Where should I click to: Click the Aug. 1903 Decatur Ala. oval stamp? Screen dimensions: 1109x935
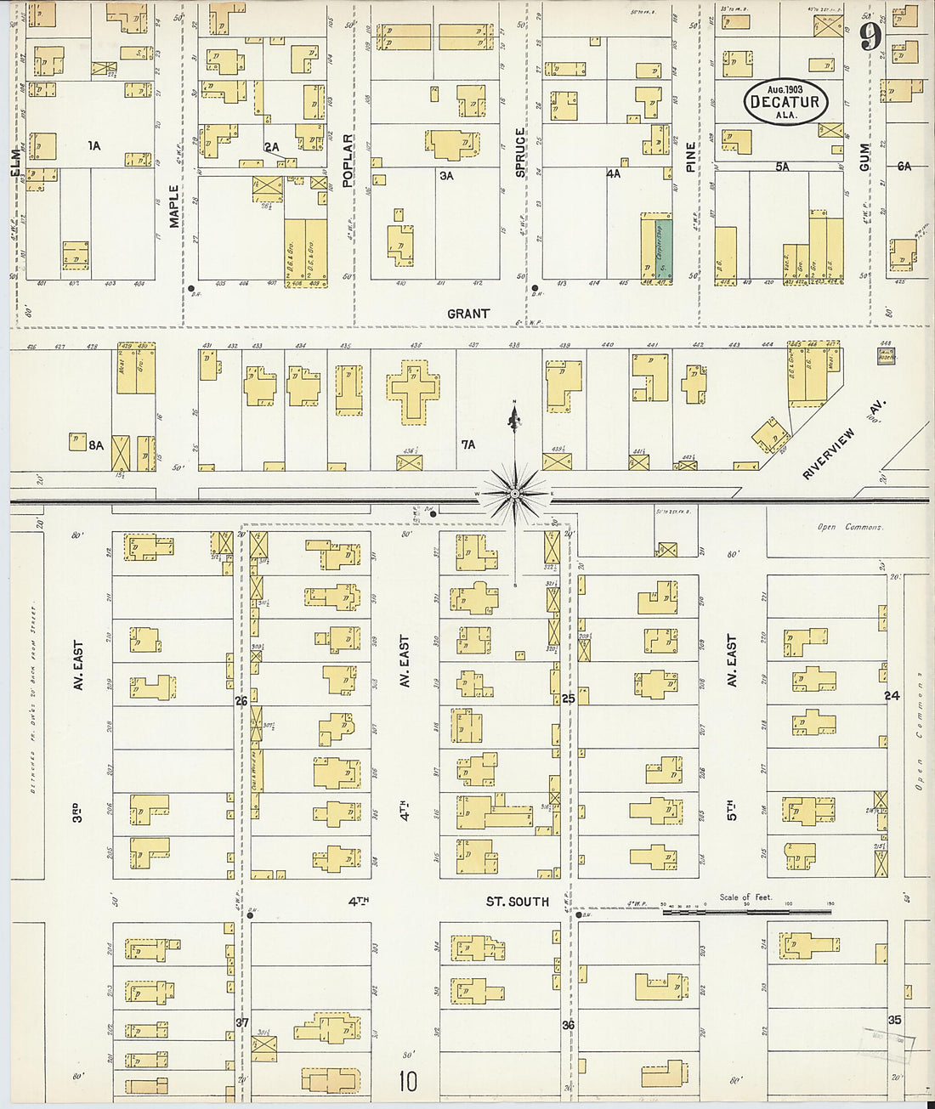click(x=785, y=102)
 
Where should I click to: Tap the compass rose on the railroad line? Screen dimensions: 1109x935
click(x=514, y=493)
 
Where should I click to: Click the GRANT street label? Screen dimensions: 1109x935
click(x=468, y=314)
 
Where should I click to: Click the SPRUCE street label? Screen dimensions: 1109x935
click(x=520, y=153)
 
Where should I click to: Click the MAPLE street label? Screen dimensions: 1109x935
click(x=174, y=207)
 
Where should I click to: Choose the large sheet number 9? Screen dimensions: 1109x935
click(x=869, y=37)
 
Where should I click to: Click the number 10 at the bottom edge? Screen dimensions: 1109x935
click(x=408, y=1081)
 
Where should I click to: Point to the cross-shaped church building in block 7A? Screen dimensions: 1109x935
click(x=413, y=388)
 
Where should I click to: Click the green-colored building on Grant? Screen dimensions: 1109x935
click(x=664, y=250)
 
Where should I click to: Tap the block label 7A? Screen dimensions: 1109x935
click(x=467, y=444)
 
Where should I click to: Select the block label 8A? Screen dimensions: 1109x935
click(x=95, y=444)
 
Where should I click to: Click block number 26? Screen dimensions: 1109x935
click(x=241, y=701)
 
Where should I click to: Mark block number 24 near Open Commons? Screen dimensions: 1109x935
click(x=891, y=695)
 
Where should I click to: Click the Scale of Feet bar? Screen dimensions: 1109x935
click(x=746, y=911)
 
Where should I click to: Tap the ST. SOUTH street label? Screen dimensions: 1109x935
click(x=517, y=901)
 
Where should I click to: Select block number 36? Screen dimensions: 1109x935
click(x=568, y=1025)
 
